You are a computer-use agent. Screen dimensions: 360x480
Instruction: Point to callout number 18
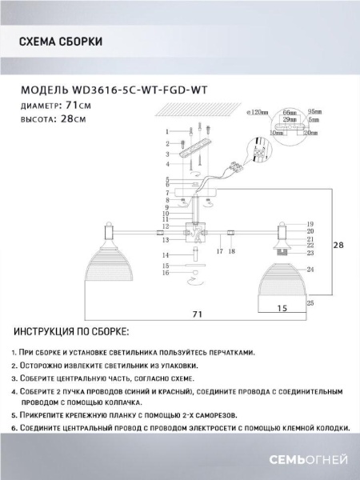pyautogui.click(x=231, y=251)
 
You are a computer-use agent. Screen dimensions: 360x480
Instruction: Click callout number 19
pyautogui.click(x=310, y=225)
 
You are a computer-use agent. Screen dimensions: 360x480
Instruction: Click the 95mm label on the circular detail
pyautogui.click(x=314, y=113)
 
